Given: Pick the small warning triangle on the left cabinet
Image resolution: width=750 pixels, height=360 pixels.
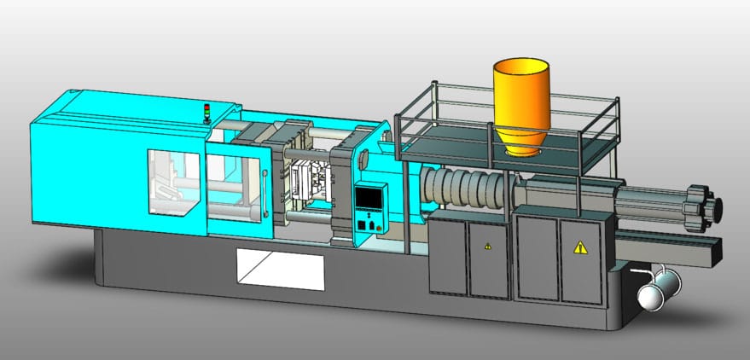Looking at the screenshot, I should coord(488,247).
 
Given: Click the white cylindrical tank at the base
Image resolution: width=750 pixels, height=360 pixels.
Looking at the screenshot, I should coord(657,289).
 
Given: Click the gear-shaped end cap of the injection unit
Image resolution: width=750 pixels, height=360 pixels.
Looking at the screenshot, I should coord(709,206).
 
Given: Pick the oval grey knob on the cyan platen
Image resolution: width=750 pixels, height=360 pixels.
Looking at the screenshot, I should coord(363,159).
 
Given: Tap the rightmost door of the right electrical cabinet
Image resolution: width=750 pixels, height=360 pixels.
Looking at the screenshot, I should coord(583,258).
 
